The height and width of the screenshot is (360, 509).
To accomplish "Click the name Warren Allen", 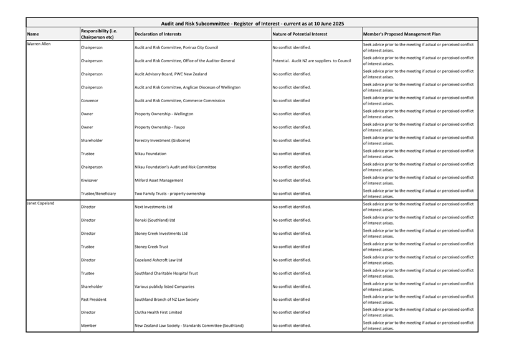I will (x=39, y=44).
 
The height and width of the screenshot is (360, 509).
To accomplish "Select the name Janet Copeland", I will (x=40, y=204).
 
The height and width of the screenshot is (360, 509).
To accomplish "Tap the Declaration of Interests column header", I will (x=158, y=34).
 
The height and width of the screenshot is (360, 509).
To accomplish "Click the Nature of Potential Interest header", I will (x=300, y=34).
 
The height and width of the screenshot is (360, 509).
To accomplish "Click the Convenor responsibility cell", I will (x=91, y=100).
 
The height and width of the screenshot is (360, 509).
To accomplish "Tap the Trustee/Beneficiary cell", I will (x=98, y=194).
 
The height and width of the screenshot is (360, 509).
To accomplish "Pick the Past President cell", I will (x=93, y=300).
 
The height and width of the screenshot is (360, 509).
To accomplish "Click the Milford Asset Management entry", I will (x=159, y=180).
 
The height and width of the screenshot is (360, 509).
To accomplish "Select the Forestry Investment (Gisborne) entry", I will (x=162, y=140).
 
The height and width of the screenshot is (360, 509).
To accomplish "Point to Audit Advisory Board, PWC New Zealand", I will (x=171, y=74).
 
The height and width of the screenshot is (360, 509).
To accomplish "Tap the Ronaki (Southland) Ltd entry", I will (x=155, y=220).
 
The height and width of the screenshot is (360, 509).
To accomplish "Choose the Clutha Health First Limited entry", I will (x=158, y=313).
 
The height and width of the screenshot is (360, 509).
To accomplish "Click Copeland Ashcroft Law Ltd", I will (x=158, y=260).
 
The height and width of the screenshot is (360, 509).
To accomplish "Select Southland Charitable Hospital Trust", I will (x=166, y=273).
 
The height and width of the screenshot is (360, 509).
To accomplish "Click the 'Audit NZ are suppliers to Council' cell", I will (x=312, y=60).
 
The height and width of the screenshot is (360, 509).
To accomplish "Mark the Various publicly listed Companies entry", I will (x=164, y=287).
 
